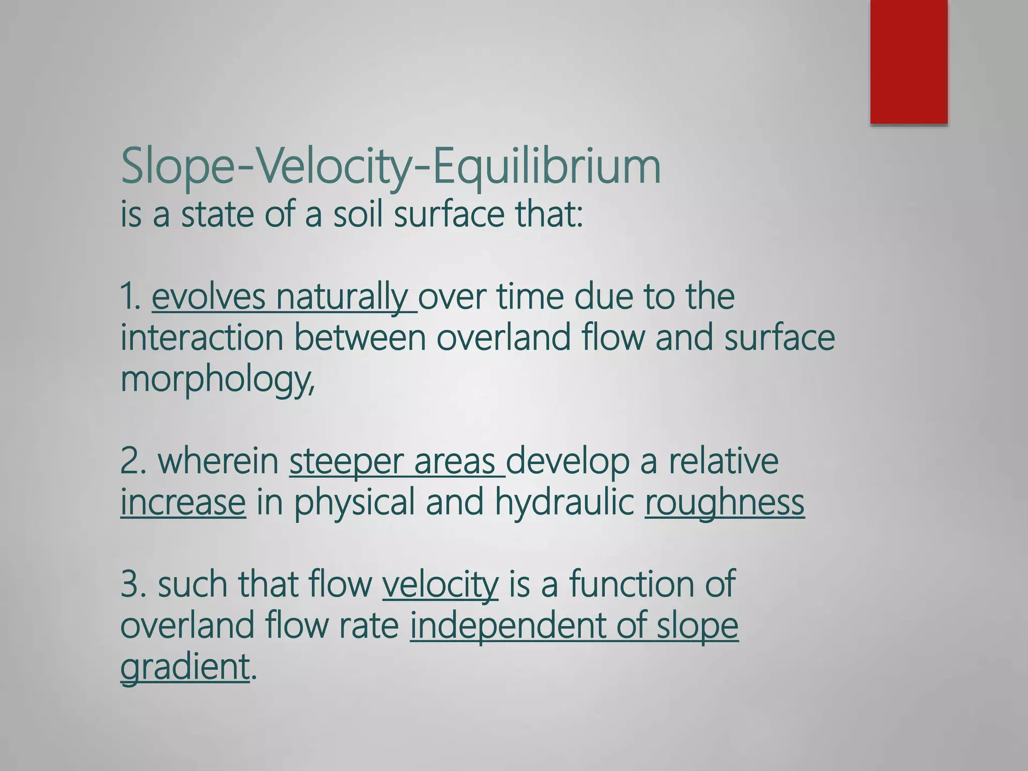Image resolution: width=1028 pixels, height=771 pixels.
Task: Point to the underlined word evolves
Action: click(x=208, y=297)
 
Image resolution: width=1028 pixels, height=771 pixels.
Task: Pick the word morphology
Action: click(x=217, y=379)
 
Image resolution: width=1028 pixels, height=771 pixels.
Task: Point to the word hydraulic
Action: click(x=565, y=503)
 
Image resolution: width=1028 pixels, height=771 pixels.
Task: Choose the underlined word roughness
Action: click(x=724, y=503)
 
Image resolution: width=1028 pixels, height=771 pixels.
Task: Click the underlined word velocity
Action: click(x=440, y=585)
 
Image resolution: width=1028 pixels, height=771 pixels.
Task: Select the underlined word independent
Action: click(x=507, y=626)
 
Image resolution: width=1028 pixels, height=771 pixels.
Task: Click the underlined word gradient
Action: click(x=185, y=668)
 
